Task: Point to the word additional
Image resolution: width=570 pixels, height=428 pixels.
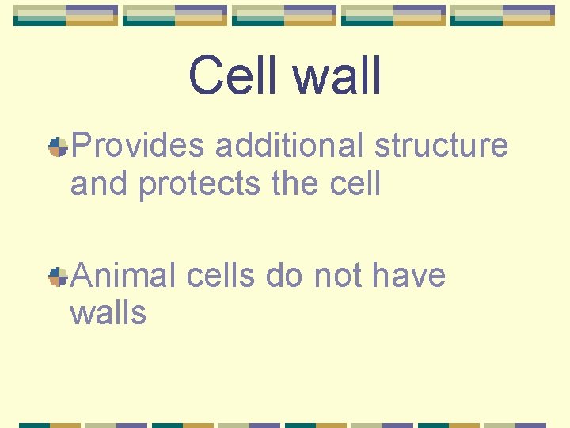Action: (290, 146)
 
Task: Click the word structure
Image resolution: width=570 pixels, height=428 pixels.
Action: (441, 146)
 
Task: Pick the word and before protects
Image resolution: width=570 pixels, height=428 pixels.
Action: (100, 184)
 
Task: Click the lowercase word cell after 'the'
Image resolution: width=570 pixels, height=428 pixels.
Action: (355, 184)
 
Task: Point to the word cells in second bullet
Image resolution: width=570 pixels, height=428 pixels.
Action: (221, 276)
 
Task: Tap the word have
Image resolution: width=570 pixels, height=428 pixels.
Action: (408, 276)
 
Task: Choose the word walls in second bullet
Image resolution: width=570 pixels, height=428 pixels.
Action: (108, 313)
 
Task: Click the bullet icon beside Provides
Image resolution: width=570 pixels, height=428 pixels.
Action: (57, 147)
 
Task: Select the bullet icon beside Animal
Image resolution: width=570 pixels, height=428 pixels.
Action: (57, 277)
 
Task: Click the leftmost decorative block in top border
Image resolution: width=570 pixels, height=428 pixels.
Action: (66, 15)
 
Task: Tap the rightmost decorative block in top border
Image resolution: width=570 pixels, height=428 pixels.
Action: (503, 15)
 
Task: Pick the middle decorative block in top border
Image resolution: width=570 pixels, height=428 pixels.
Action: (284, 15)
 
